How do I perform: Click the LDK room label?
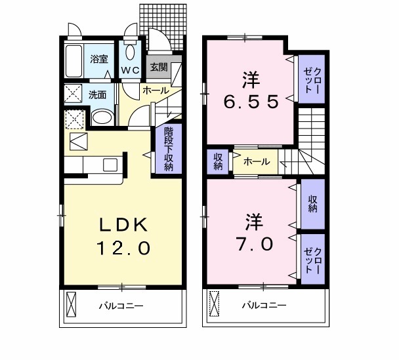pos(125,225)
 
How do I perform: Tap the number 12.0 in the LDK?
pos(125,249)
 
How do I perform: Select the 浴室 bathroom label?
pos(99,58)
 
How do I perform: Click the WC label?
pos(128,70)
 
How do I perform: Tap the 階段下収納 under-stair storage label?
pos(169,149)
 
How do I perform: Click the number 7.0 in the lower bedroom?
pos(250,243)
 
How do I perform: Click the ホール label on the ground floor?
pos(155,90)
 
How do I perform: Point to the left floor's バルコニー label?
pos(121,306)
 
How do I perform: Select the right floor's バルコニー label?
pos(263,306)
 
